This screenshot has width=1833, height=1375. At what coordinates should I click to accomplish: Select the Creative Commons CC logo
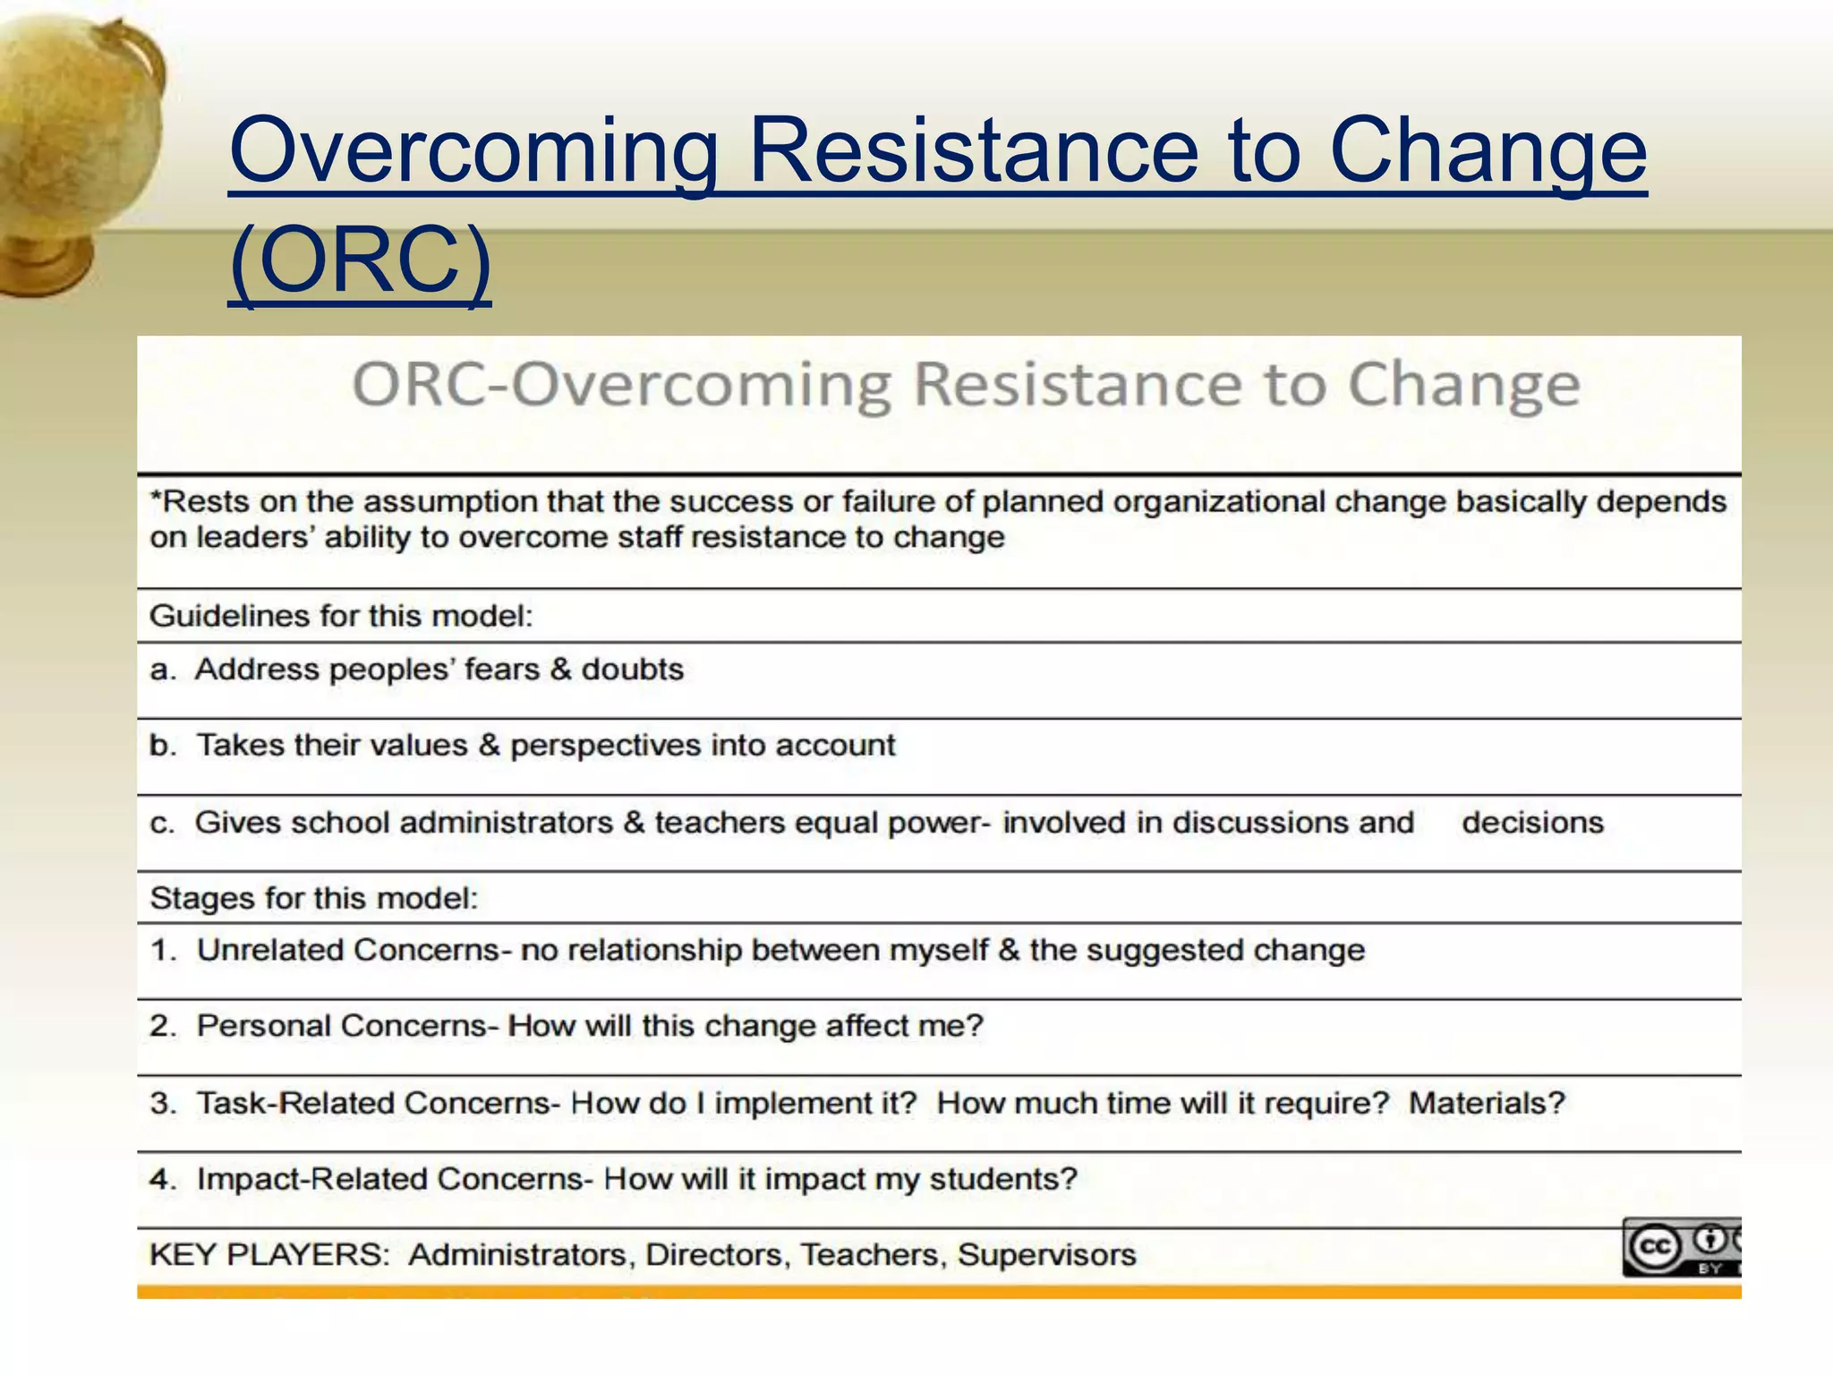pos(1653,1247)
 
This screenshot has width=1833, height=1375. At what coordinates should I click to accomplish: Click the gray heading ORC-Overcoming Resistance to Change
pos(967,385)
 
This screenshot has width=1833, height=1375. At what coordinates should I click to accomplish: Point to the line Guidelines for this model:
pos(341,616)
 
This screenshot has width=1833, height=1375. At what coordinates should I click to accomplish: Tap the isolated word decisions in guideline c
pos(1532,823)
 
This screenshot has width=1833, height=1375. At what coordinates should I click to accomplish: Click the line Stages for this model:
pos(314,898)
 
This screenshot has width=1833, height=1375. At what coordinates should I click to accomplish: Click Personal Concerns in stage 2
pos(341,1026)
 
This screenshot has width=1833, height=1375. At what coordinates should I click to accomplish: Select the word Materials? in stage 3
pos(1487,1103)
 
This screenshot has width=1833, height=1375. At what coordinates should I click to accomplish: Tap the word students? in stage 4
pos(1003,1179)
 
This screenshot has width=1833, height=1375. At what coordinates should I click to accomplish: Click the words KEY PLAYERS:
pos(269,1255)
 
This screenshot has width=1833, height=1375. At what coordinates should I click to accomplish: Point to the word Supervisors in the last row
pos(1046,1255)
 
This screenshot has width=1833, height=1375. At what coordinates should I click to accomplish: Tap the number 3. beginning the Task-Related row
pos(164,1103)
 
